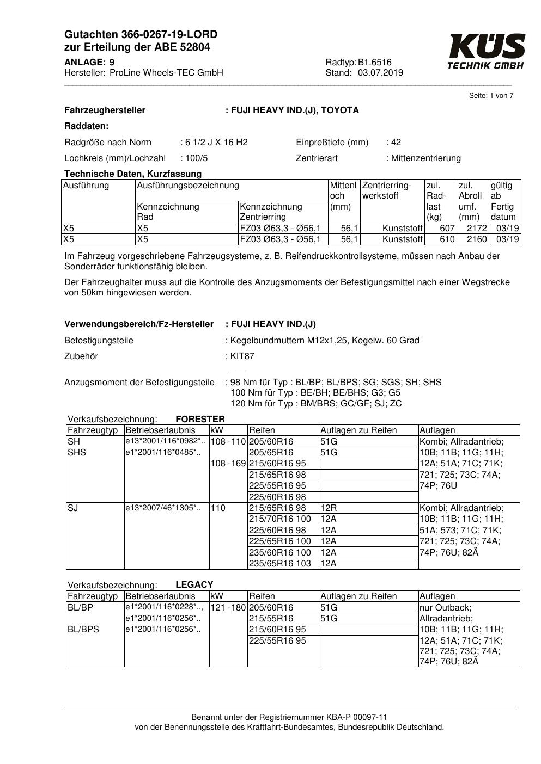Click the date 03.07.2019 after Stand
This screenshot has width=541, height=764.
(380, 73)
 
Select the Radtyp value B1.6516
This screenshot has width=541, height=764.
(375, 62)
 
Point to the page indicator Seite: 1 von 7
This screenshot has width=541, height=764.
(491, 96)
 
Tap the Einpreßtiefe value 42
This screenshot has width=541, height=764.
(396, 143)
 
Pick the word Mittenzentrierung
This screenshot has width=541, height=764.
(425, 158)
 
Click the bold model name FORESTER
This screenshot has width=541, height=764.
(200, 419)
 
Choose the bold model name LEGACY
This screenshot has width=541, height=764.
(194, 585)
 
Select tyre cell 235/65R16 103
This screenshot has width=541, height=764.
(279, 564)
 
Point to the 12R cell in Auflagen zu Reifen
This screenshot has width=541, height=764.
(329, 508)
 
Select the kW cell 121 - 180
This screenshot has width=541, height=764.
(228, 607)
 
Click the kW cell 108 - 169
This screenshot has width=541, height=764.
(228, 464)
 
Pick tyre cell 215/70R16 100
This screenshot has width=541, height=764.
(279, 519)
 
